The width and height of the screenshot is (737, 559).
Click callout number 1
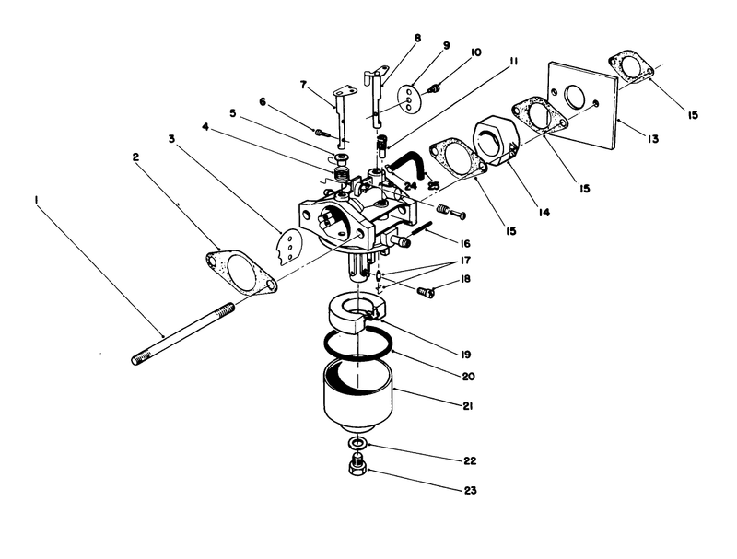(x=37, y=199)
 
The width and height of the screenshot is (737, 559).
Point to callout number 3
(x=171, y=139)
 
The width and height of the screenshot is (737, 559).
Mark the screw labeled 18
(x=426, y=293)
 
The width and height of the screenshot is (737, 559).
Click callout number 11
(x=512, y=62)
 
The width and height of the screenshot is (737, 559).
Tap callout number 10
(x=475, y=52)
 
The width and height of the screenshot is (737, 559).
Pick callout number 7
(x=302, y=85)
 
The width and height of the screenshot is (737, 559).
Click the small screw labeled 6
(x=322, y=132)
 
